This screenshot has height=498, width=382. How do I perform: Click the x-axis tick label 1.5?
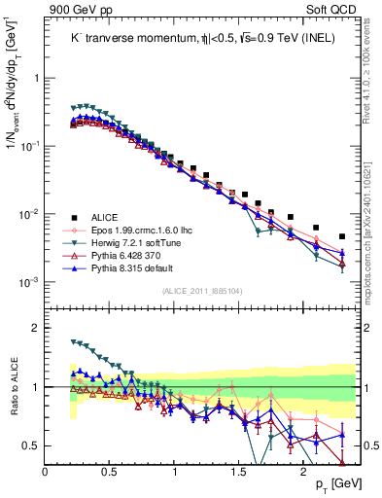coord(239,471)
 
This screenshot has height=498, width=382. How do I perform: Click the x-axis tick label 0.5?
coord(110,471)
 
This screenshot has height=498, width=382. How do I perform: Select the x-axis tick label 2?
coord(304,471)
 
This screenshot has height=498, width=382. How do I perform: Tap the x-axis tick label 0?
coord(46,471)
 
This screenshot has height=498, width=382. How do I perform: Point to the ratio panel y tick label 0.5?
coord(32,445)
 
